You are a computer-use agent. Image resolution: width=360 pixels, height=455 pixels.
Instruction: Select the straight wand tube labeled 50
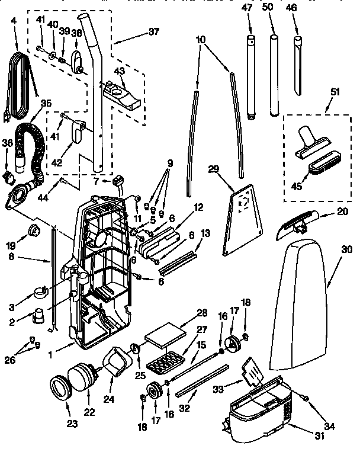point(274,76)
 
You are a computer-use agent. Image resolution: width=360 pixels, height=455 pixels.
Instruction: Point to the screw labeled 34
point(306,399)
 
